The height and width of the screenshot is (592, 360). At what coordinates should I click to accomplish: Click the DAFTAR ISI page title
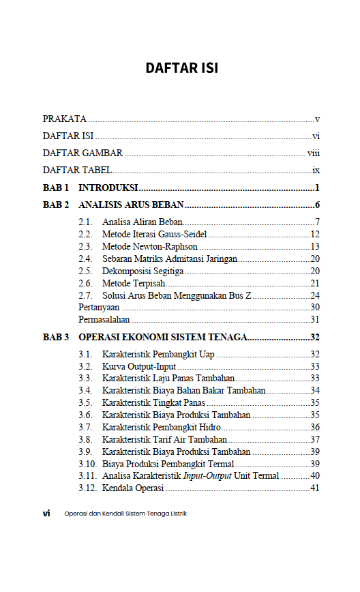point(181,68)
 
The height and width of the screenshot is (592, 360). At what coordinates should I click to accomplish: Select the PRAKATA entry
point(64,119)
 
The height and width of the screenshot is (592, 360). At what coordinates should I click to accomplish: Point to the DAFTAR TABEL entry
point(77,170)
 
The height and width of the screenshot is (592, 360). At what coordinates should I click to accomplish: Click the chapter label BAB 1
point(56,188)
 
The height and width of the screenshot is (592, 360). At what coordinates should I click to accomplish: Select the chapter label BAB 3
point(56,337)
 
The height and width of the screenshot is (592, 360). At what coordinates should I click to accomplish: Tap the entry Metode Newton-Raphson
point(150,246)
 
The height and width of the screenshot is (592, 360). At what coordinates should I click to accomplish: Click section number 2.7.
point(85,295)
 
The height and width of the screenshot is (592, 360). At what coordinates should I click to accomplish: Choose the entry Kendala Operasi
point(133,488)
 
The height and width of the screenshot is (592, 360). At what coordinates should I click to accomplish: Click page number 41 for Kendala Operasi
point(314,488)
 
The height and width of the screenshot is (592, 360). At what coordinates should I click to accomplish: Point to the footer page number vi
point(46,514)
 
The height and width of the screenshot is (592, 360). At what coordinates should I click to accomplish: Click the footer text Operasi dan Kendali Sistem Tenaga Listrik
point(125,514)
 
